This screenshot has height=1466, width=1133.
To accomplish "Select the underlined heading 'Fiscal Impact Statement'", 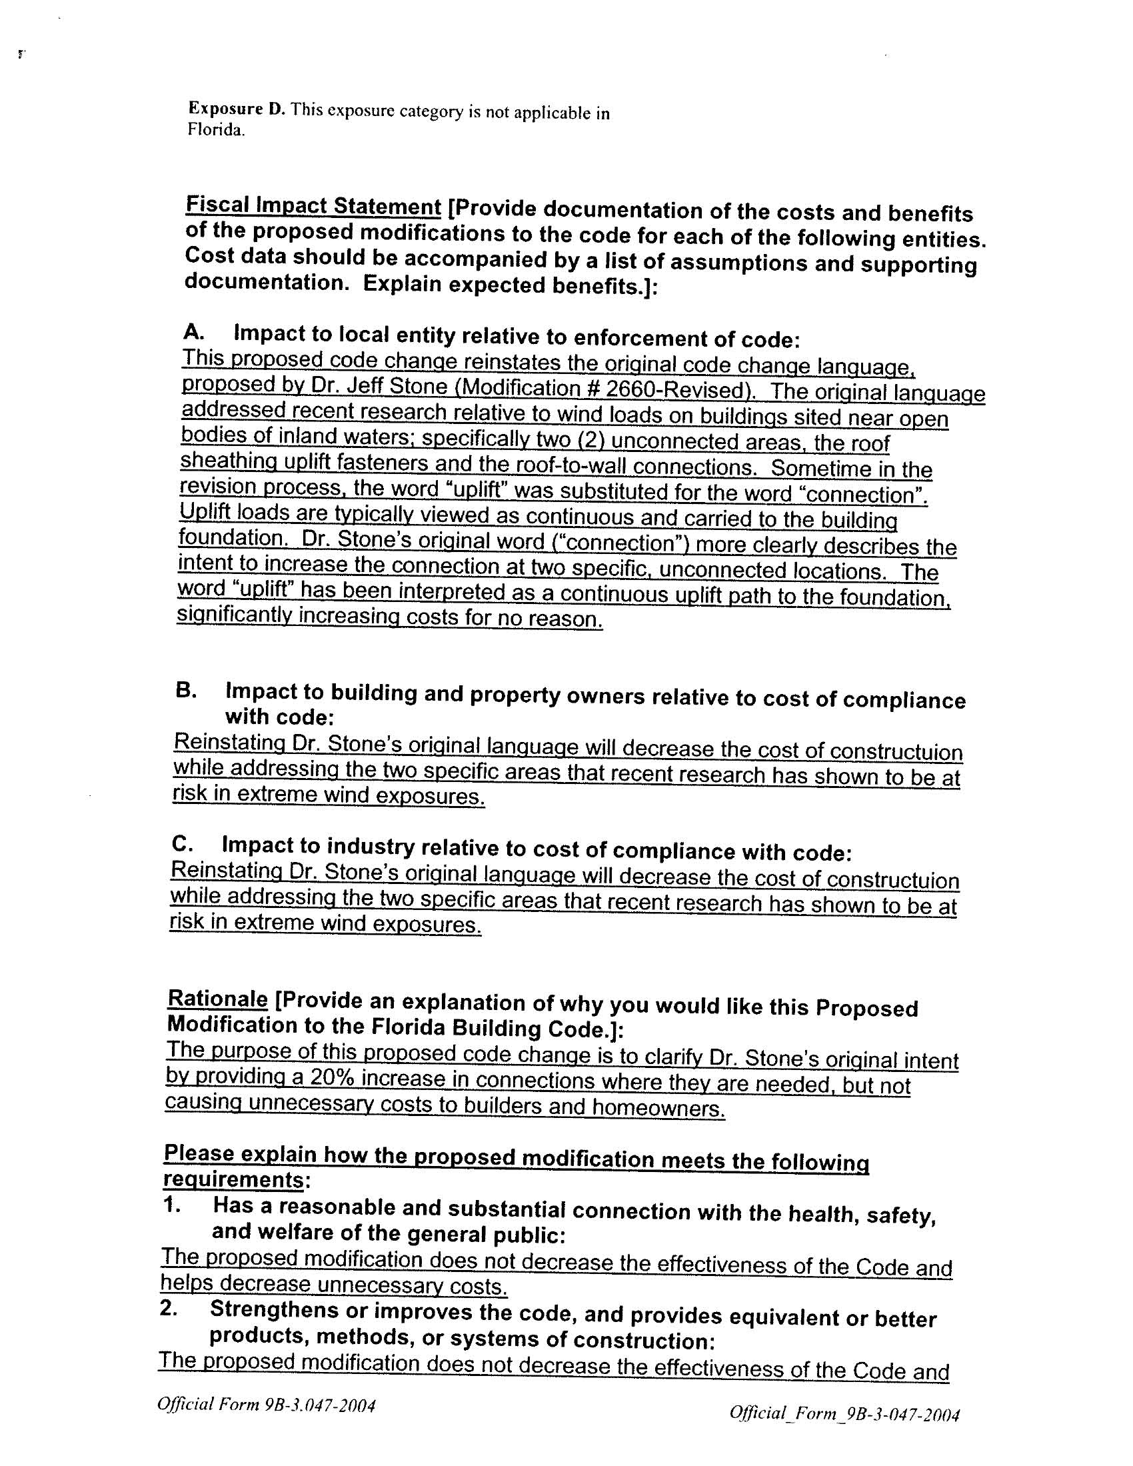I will click(313, 206).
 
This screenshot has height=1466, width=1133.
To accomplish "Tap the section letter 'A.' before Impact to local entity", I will click(193, 331).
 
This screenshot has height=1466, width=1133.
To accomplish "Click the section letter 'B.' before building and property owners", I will click(185, 690).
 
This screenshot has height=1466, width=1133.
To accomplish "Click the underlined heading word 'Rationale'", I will click(217, 999).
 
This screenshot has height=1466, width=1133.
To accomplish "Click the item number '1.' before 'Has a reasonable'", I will click(172, 1205).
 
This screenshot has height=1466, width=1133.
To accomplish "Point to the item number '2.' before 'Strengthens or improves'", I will click(169, 1309).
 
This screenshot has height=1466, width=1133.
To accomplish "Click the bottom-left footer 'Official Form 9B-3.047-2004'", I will click(266, 1405).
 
